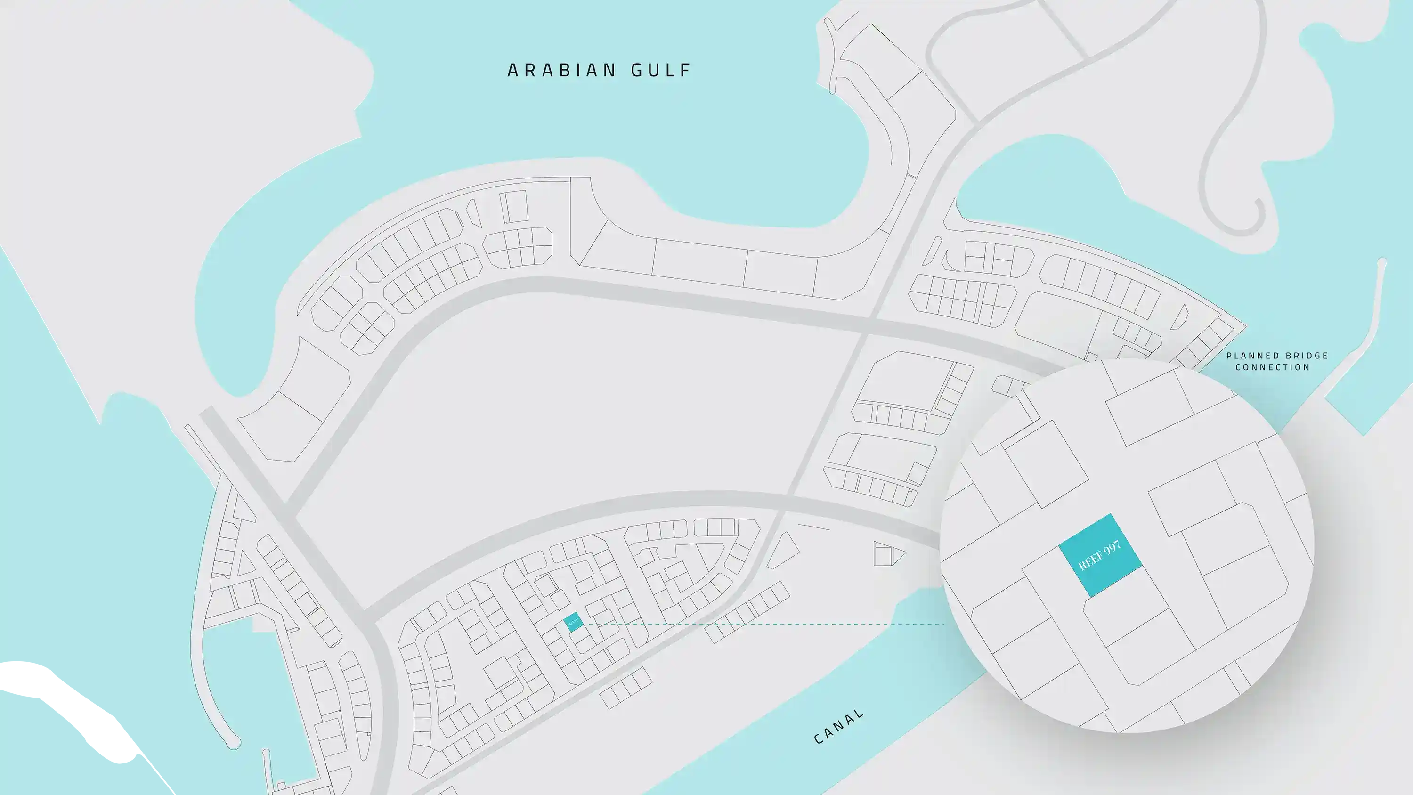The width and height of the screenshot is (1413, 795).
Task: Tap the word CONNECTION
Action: [1273, 367]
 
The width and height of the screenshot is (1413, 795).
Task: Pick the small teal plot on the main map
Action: [573, 622]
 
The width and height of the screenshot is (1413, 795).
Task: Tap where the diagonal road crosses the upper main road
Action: [867, 325]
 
